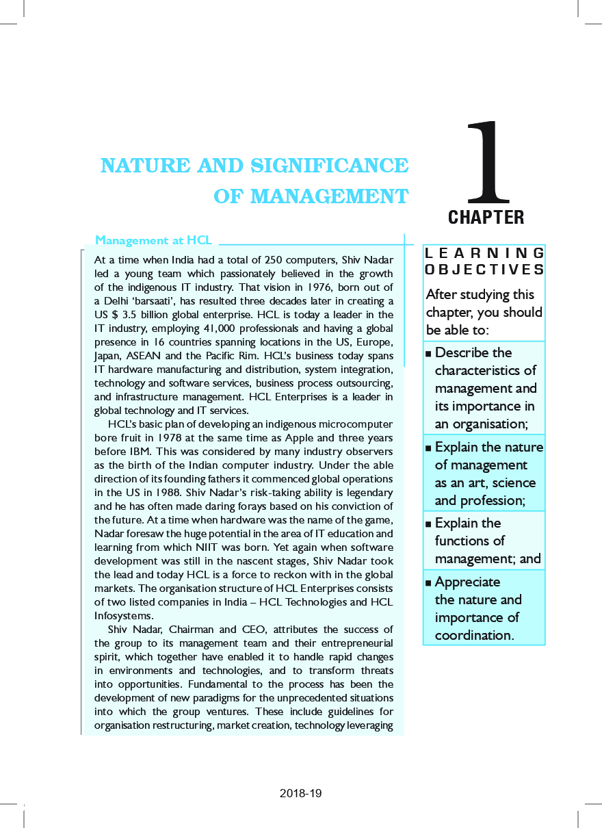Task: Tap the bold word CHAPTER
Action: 486,218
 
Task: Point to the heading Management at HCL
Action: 153,240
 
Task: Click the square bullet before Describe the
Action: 428,353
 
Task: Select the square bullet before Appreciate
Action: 428,582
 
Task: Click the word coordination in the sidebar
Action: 473,635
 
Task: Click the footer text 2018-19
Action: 300,794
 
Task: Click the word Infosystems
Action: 124,616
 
